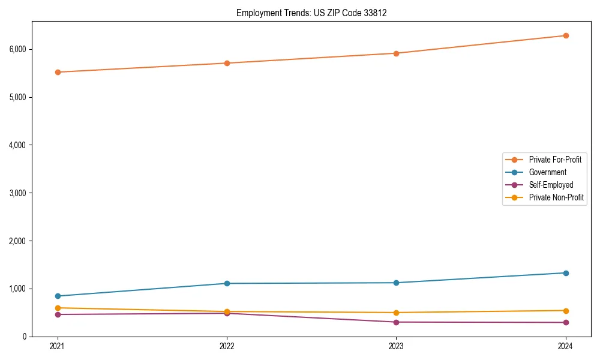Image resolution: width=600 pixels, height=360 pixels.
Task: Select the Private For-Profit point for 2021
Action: tap(58, 72)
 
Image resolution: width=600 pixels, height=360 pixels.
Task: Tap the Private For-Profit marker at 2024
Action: tap(566, 35)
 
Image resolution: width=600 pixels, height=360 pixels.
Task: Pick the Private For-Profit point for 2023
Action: tap(396, 53)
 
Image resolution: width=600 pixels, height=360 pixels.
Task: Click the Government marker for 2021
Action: tap(58, 296)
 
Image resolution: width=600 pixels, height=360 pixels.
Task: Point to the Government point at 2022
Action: tap(227, 283)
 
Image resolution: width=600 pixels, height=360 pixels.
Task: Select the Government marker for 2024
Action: tap(566, 273)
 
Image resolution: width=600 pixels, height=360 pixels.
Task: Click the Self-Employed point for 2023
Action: tap(396, 322)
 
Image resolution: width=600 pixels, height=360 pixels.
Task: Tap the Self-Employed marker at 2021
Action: tap(58, 314)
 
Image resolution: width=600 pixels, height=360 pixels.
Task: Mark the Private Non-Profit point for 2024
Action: tap(566, 310)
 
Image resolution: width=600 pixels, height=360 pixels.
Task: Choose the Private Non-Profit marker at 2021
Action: tap(58, 308)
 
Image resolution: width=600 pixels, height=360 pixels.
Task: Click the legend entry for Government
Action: tap(547, 172)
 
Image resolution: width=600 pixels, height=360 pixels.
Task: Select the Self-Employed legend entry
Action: tap(551, 185)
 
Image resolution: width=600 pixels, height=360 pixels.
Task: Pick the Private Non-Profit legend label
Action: tap(556, 197)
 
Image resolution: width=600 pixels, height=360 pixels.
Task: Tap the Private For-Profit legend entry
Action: tap(555, 160)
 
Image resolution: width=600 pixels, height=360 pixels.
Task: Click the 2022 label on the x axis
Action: tap(227, 346)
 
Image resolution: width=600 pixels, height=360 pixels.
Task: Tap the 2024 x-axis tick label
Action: tap(566, 346)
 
